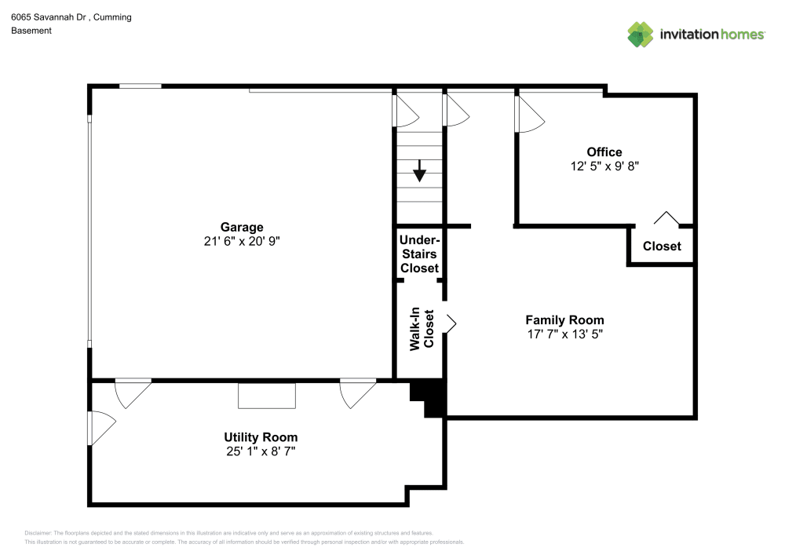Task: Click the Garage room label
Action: pyautogui.click(x=242, y=228)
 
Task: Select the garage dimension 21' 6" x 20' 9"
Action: pyautogui.click(x=242, y=242)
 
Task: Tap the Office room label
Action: pyautogui.click(x=604, y=152)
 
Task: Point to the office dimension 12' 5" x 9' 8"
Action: pyautogui.click(x=604, y=166)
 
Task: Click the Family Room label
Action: pyautogui.click(x=564, y=320)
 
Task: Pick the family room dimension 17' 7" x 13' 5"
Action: pyautogui.click(x=564, y=334)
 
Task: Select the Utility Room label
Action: pyautogui.click(x=261, y=437)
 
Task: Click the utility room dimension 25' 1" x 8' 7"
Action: pyautogui.click(x=261, y=451)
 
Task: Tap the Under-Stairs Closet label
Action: pyautogui.click(x=419, y=254)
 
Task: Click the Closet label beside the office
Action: pyautogui.click(x=662, y=246)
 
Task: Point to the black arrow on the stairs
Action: pyautogui.click(x=420, y=170)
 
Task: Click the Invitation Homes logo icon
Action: pyautogui.click(x=641, y=34)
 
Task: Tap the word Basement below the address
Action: pyautogui.click(x=31, y=31)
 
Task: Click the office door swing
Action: pyautogui.click(x=528, y=115)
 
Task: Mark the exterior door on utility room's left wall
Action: pyautogui.click(x=100, y=429)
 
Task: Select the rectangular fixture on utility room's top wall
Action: pyautogui.click(x=267, y=395)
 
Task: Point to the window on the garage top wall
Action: pyautogui.click(x=141, y=86)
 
